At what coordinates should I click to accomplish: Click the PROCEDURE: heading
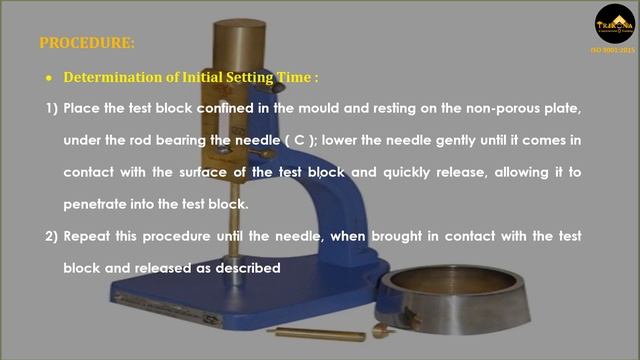(86, 43)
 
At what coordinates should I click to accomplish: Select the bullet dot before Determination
(48, 78)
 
